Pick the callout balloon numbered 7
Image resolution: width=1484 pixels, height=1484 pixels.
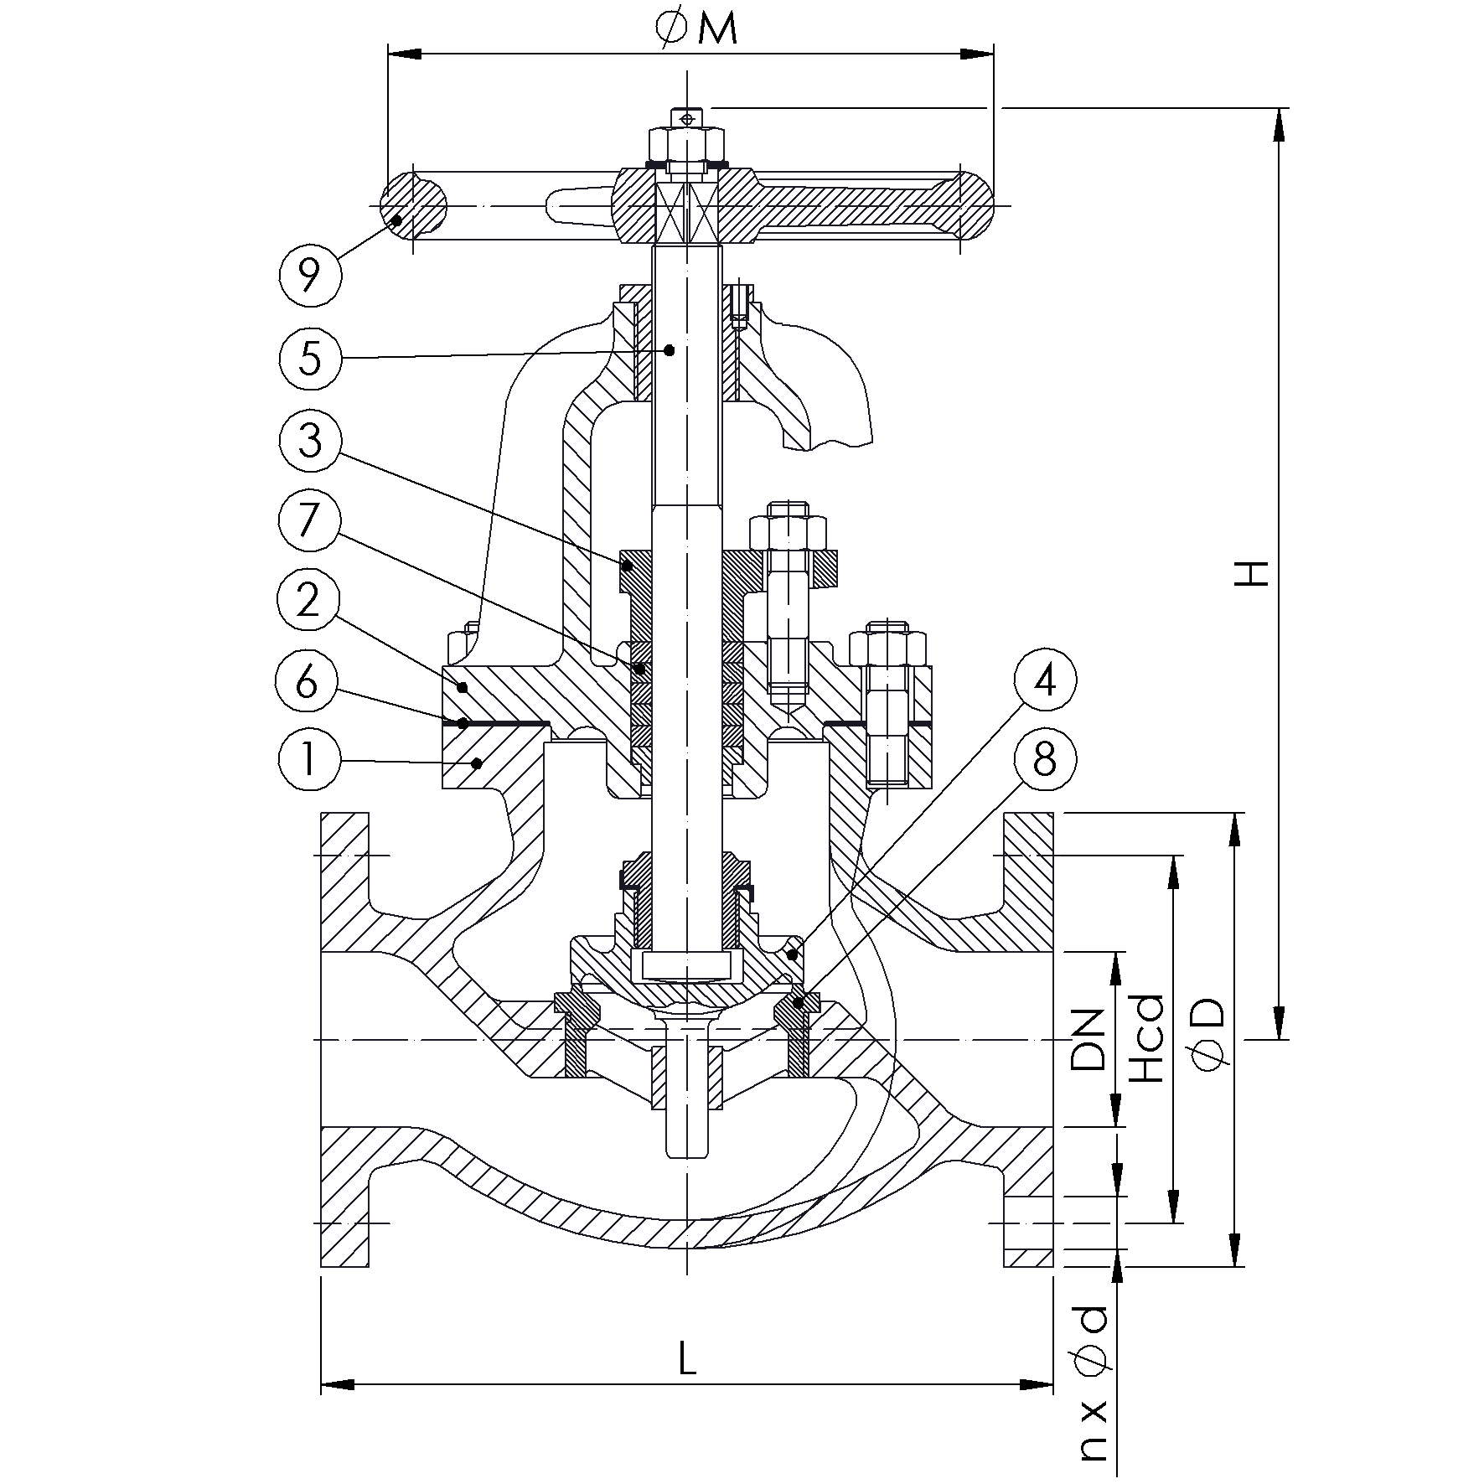coord(309,520)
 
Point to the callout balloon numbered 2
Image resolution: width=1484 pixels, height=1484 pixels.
coord(308,601)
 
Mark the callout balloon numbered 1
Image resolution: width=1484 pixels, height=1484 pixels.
coord(309,761)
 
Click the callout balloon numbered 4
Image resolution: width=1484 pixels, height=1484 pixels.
coord(1043,680)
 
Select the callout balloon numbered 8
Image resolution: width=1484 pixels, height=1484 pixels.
coord(1044,761)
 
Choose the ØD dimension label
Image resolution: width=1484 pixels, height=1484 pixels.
coord(1208,1036)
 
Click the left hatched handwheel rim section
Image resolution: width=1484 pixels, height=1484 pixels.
coord(413,204)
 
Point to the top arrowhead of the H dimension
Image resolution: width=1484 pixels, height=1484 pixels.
coord(1279,124)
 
